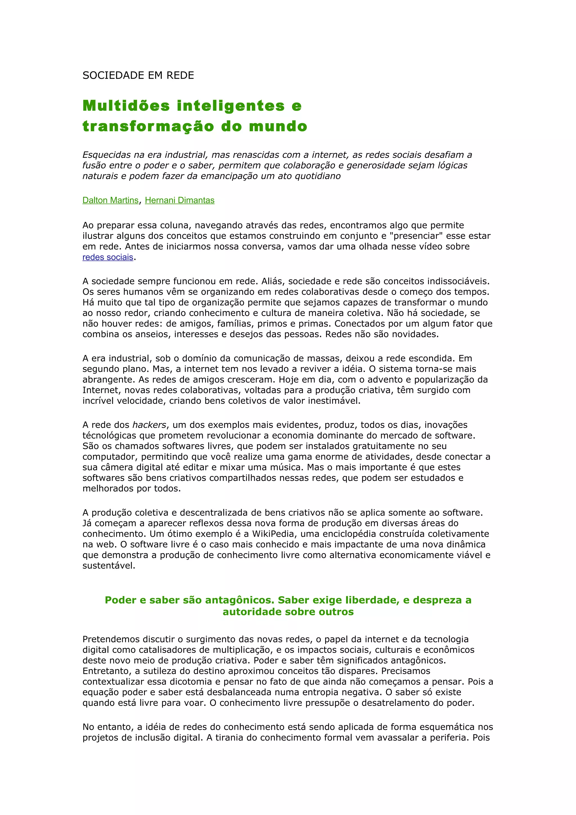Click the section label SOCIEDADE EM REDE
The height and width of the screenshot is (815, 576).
tap(138, 75)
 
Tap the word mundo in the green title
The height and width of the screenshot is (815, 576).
tap(278, 126)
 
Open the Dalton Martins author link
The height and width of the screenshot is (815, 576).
tap(110, 200)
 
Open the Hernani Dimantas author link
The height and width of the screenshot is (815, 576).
tap(180, 200)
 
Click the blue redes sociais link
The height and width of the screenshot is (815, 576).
tap(107, 257)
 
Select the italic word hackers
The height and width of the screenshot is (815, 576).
tap(149, 425)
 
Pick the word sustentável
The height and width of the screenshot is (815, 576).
tap(109, 566)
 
